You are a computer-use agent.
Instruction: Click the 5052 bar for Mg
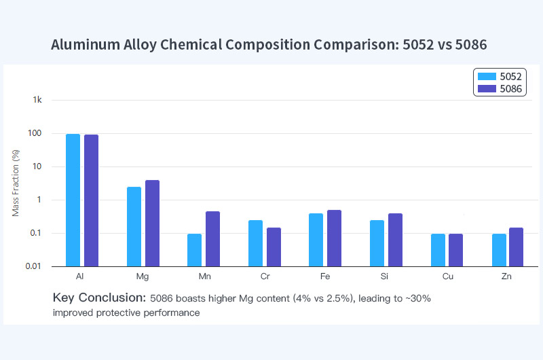[134, 226]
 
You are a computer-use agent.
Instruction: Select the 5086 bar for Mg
[152, 223]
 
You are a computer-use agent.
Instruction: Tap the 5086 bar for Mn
[213, 238]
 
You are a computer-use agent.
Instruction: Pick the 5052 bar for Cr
[255, 242]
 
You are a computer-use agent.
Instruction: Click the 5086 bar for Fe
[334, 238]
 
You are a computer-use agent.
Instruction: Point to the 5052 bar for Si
[377, 242]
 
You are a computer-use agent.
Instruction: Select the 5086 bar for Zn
[517, 247]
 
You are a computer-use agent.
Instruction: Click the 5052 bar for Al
[73, 200]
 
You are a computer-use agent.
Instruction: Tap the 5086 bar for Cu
[455, 249]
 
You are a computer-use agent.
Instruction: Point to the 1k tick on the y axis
[37, 100]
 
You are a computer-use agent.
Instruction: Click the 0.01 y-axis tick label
[34, 266]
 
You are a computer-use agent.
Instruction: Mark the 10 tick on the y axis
[37, 166]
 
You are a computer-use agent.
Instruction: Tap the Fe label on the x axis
[325, 277]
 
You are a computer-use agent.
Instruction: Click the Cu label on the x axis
[447, 277]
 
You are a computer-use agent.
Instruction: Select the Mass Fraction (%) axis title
[16, 183]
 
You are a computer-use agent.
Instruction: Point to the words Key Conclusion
[98, 298]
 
